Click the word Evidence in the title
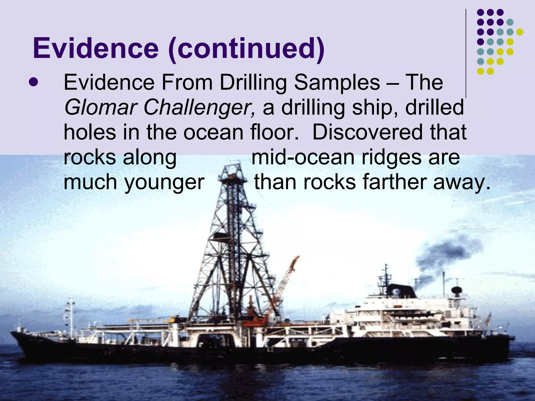(x=96, y=49)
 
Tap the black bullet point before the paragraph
(x=33, y=83)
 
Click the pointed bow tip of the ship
(x=12, y=333)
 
